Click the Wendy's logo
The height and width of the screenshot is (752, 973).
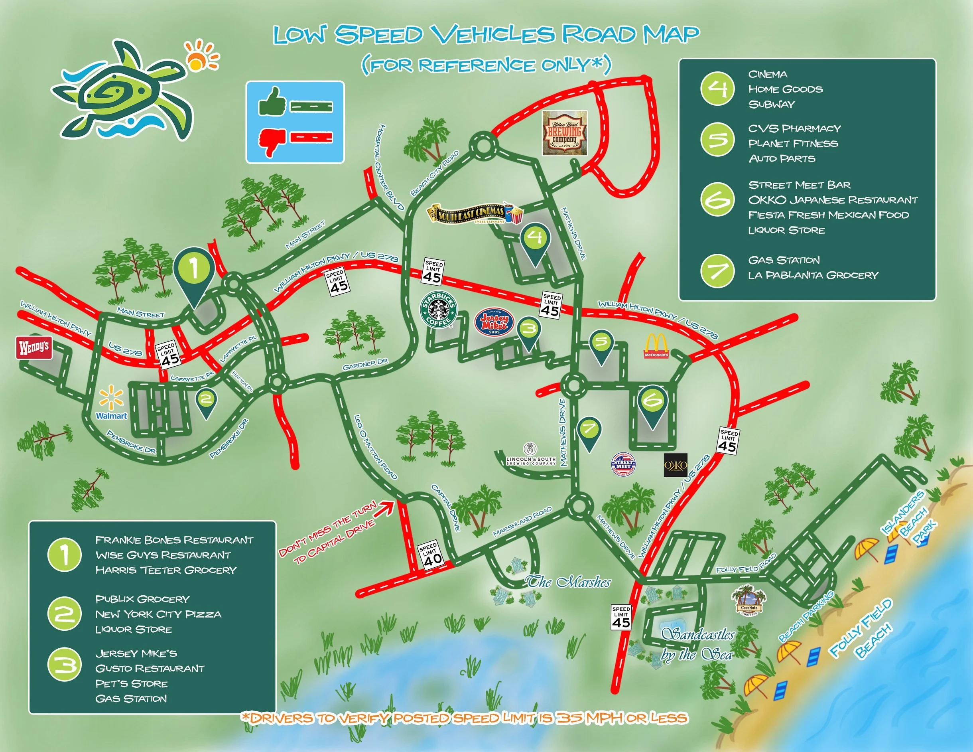34,347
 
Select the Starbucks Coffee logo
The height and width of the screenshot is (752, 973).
439,310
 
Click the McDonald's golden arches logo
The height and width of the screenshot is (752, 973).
656,346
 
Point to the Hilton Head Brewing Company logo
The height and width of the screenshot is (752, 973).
565,133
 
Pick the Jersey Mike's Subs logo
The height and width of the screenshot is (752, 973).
494,322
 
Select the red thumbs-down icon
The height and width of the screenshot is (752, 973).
272,141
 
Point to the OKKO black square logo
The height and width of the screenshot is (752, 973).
676,465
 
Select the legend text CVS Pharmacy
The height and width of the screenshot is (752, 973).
794,129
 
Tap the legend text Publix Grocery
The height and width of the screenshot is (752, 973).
142,599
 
